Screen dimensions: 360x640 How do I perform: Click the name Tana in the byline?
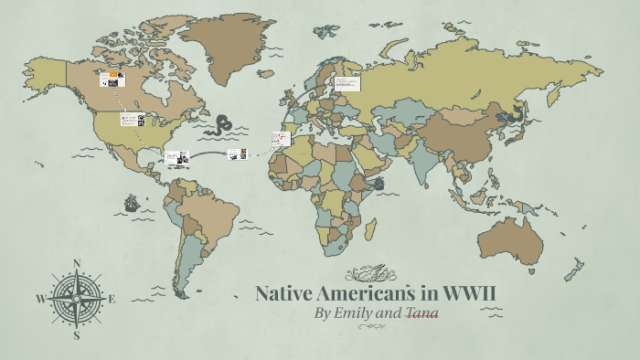click(422, 313)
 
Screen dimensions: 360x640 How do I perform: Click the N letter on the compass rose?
click(77, 263)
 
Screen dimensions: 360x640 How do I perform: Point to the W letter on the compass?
click(40, 299)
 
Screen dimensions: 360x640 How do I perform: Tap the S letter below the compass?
click(77, 335)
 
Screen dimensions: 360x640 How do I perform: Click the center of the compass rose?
click(77, 299)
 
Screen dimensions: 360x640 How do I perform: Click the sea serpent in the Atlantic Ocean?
click(222, 124)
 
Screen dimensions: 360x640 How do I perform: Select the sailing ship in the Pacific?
click(131, 202)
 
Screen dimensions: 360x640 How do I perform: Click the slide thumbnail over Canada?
click(112, 79)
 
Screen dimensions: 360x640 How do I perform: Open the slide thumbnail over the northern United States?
click(133, 120)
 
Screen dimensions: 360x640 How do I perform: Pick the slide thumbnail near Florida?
click(177, 157)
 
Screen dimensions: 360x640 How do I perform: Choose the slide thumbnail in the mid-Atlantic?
click(237, 154)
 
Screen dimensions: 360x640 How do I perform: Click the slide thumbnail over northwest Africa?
click(280, 140)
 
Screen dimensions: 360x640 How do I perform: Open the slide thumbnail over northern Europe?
click(347, 83)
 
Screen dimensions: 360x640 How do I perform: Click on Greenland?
click(225, 41)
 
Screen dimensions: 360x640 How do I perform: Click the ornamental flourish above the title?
click(371, 273)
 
